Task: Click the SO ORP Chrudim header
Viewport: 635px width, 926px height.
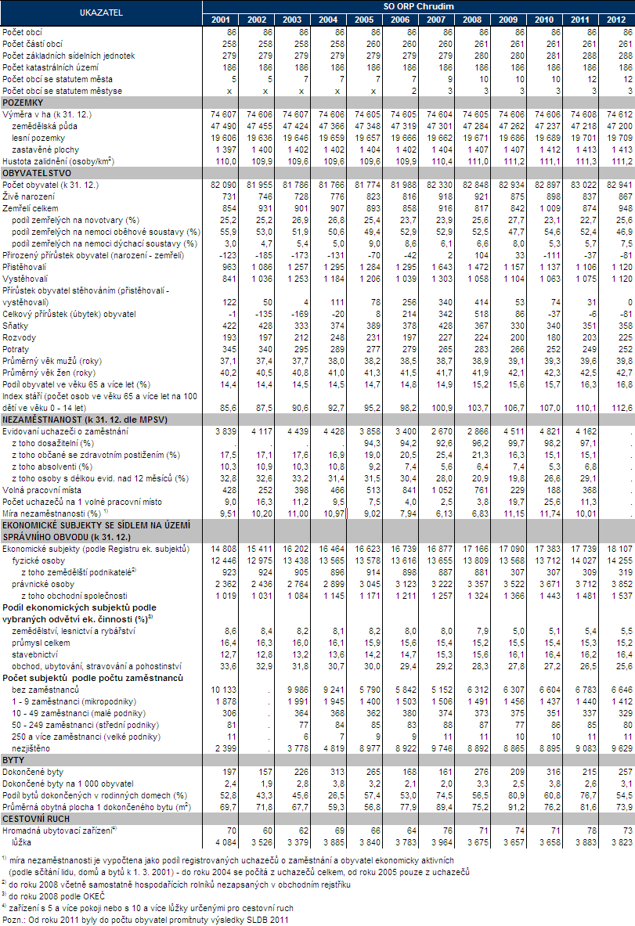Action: click(419, 6)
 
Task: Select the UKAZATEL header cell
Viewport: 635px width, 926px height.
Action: click(102, 12)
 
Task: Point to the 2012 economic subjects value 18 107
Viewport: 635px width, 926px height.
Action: click(616, 549)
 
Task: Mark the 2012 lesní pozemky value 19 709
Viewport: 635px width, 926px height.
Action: click(616, 137)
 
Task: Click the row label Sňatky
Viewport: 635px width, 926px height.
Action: click(17, 325)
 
